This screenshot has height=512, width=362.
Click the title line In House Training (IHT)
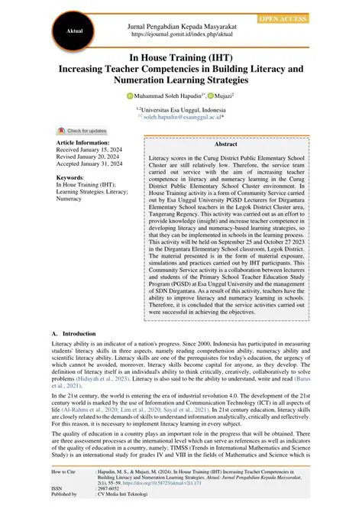[x=181, y=57]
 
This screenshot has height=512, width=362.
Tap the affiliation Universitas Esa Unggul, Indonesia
[x=181, y=110]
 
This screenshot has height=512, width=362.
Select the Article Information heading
[x=83, y=142]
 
